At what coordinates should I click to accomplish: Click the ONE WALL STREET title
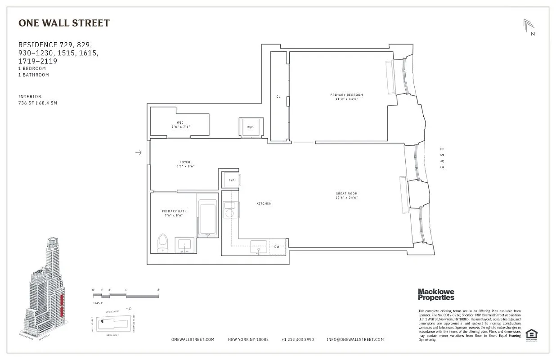pos(63,23)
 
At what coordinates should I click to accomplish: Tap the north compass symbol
pos(529,27)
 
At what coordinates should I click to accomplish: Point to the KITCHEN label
pos(264,204)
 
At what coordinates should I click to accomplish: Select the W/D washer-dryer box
pos(250,127)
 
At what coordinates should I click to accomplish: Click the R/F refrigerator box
pos(231,180)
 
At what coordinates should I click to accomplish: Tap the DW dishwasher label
pos(277,247)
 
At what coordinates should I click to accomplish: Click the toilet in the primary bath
pos(162,243)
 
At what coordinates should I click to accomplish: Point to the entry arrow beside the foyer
pos(139,153)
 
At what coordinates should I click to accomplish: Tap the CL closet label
pos(278,97)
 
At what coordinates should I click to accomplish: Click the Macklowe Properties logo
pos(436,295)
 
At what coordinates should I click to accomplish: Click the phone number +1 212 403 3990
pos(297,340)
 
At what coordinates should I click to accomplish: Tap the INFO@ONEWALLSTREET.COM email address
pos(355,340)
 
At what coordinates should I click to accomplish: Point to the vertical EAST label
pos(442,158)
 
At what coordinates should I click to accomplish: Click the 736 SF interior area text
pos(37,103)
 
